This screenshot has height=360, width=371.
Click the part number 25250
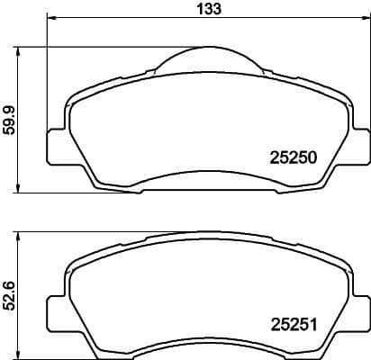(294, 156)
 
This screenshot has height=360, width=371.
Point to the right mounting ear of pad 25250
(358, 145)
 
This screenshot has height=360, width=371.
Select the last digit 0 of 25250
(312, 156)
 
